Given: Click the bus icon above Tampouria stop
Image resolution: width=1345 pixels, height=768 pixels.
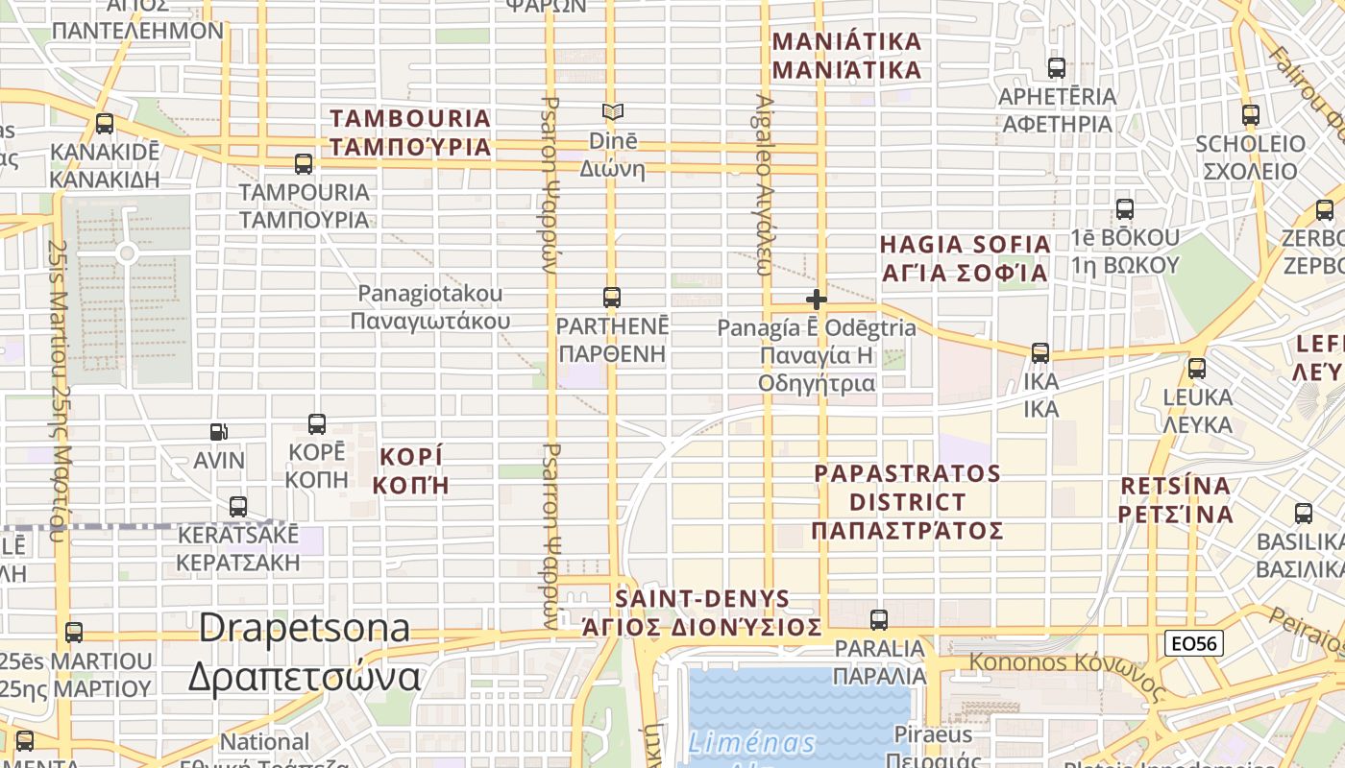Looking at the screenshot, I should click(304, 164).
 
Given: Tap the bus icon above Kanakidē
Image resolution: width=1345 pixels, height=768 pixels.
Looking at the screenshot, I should click(105, 124).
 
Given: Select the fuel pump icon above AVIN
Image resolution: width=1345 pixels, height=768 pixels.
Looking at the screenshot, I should click(219, 433).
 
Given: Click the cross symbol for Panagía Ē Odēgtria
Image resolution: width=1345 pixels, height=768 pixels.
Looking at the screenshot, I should click(817, 300).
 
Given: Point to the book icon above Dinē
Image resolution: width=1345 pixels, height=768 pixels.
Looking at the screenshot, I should click(612, 112).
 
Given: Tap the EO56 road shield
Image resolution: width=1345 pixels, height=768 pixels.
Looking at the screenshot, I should click(1195, 643).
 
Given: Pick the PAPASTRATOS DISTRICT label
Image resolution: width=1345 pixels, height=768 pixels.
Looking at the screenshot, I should click(908, 502).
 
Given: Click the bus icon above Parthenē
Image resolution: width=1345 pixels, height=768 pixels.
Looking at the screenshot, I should click(612, 298).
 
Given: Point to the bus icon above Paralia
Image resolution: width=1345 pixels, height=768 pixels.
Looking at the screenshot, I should click(879, 620).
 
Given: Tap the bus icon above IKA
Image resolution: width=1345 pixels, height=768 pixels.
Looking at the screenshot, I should click(1040, 353).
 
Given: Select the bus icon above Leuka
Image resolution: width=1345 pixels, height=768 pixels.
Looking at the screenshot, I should click(1197, 369).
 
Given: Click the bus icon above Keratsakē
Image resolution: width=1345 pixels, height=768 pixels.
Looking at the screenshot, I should click(238, 507).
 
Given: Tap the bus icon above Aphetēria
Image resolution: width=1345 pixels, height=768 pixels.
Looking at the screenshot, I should click(1057, 68).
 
